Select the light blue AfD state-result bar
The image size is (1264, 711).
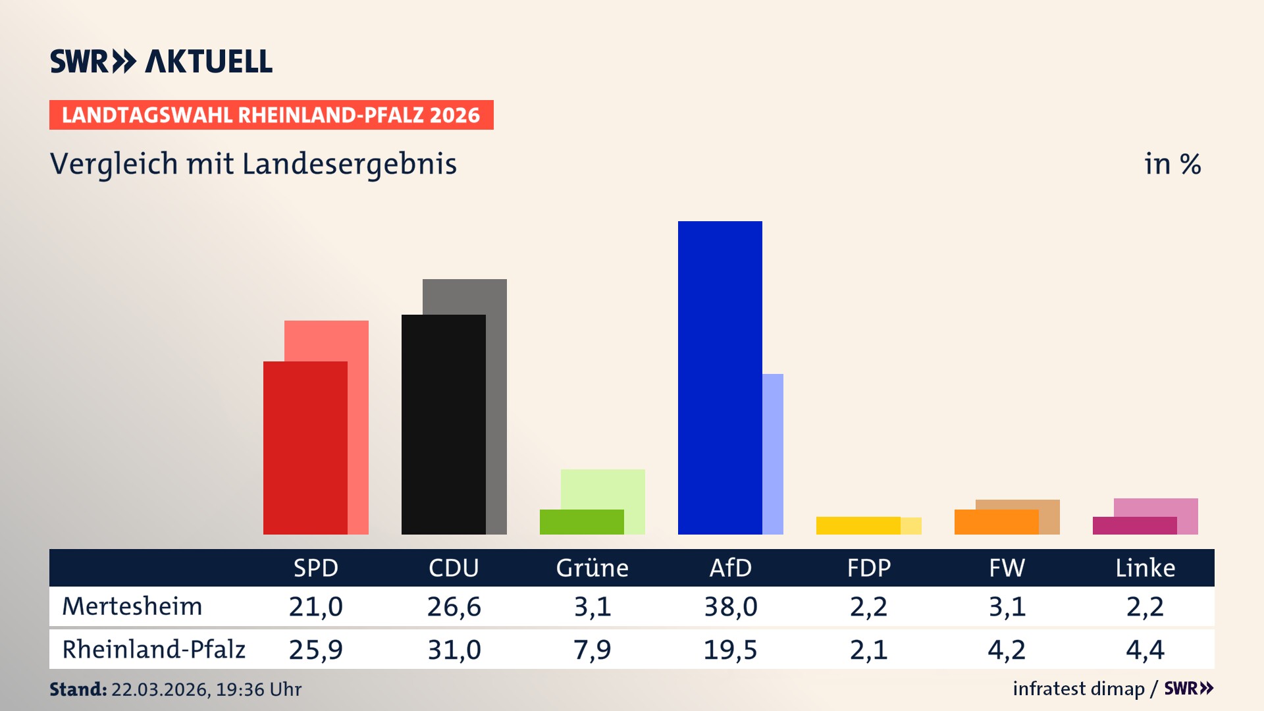point(773,454)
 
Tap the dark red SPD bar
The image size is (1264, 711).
point(305,448)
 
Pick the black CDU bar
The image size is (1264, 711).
point(443,424)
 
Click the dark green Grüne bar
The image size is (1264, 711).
point(581,521)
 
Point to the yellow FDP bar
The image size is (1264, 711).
point(858,525)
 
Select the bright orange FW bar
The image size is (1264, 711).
point(996,521)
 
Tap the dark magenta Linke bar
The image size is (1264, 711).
point(1134,525)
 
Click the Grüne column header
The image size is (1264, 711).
point(592,567)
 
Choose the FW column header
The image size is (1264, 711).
point(1007,567)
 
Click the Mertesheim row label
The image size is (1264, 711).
point(132,606)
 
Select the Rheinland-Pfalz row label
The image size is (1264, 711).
point(153,649)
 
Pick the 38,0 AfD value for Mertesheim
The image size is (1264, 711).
point(730,606)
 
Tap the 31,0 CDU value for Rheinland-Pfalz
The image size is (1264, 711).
point(454,650)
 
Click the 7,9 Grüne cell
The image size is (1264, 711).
point(592,650)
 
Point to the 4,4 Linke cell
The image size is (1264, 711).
point(1145,650)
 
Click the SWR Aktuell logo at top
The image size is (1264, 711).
point(161,61)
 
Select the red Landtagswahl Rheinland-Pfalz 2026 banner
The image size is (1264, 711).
point(271,115)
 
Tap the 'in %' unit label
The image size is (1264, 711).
point(1172,164)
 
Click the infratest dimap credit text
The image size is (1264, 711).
point(1078,689)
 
